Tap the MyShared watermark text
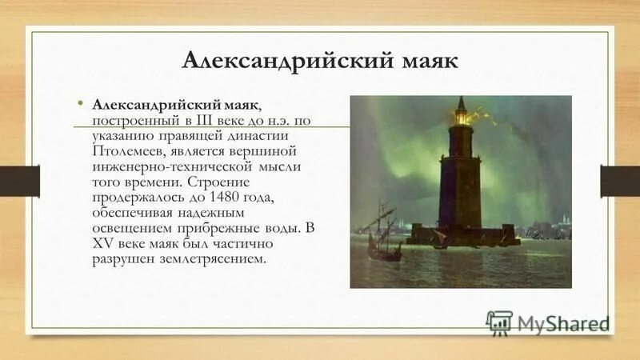click(x=563, y=323)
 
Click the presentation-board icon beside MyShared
click(x=498, y=322)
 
